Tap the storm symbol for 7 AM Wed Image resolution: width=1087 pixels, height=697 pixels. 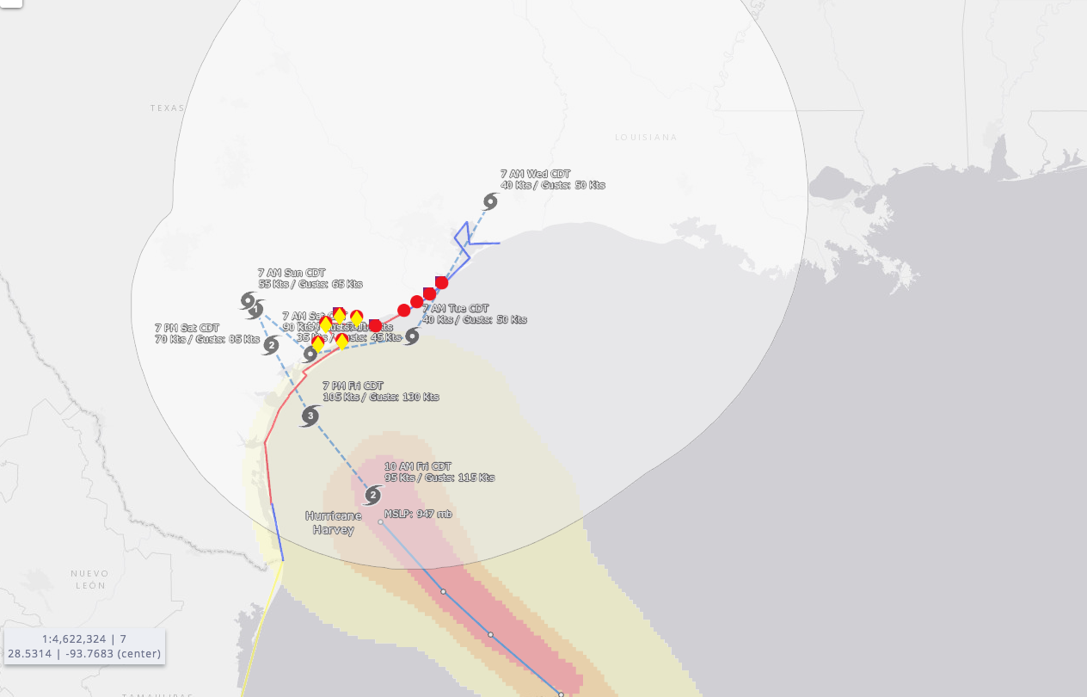(490, 201)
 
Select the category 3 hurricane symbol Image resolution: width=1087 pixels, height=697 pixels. (310, 416)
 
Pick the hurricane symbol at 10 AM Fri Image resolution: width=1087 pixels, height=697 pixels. (372, 495)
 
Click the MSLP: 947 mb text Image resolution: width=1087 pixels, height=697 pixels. (418, 515)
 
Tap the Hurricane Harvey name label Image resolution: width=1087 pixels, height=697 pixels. (334, 522)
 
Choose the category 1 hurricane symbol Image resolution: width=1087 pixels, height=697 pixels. (255, 309)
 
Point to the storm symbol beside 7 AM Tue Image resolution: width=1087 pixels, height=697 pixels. (412, 336)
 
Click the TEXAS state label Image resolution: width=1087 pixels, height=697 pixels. (168, 108)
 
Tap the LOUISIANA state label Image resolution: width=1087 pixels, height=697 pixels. (646, 138)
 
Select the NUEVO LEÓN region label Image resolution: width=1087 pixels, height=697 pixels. (89, 579)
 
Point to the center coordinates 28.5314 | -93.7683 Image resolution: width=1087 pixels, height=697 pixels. (83, 654)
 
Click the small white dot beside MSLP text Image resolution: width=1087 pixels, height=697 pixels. (380, 521)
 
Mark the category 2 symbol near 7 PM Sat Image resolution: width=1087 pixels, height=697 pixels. (271, 346)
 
